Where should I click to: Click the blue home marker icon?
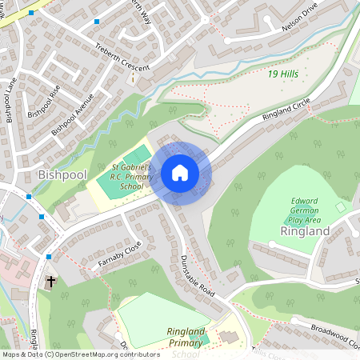pyautogui.click(x=180, y=173)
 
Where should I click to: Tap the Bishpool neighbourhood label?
pyautogui.click(x=62, y=174)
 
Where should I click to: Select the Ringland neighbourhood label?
pyautogui.click(x=305, y=231)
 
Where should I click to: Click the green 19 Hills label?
pyautogui.click(x=284, y=74)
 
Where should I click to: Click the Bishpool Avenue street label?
pyautogui.click(x=73, y=114)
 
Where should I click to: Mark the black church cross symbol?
pyautogui.click(x=51, y=282)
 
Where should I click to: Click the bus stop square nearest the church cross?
pyautogui.click(x=49, y=257)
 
